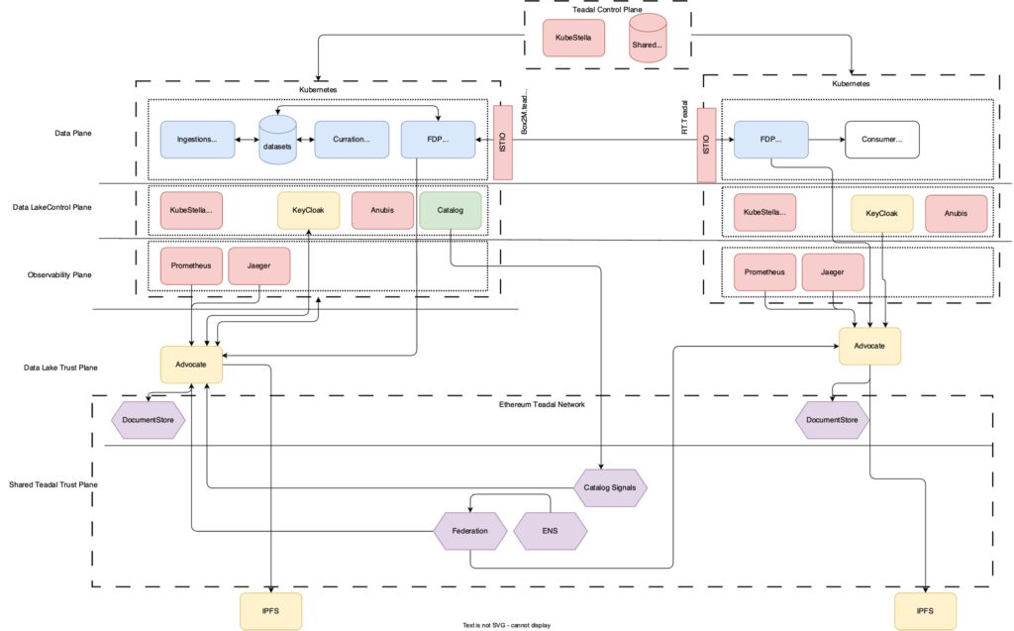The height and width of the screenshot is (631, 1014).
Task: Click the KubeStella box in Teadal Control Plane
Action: (573, 38)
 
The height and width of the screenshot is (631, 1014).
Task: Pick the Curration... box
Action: (351, 140)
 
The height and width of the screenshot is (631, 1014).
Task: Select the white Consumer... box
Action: (880, 140)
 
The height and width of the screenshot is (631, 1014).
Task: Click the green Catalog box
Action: (451, 211)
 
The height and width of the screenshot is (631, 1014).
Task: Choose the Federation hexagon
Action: (470, 531)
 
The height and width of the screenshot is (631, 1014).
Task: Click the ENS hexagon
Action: (551, 532)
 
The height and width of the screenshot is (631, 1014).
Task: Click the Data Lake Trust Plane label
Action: (58, 368)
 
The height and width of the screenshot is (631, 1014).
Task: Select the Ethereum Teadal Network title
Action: (543, 404)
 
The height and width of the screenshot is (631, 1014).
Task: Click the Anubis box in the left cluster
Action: (382, 211)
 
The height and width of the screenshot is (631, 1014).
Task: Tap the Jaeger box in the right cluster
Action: (833, 272)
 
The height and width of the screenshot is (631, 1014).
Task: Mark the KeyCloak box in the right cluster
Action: (882, 214)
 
